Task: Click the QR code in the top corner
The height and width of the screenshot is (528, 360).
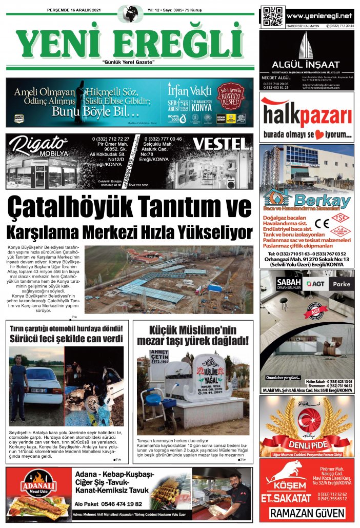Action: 272,16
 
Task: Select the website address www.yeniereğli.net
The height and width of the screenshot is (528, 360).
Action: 320,15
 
